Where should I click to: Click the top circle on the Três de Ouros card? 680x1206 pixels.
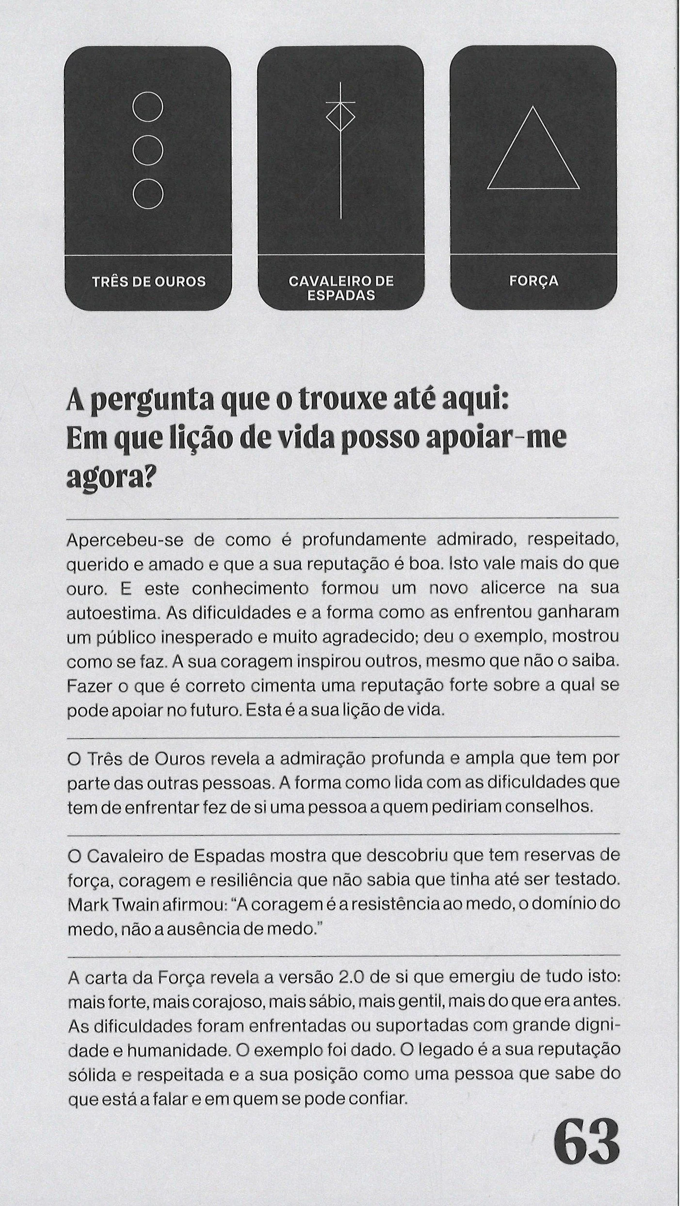coord(147,107)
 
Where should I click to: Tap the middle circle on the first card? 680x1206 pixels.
coord(147,150)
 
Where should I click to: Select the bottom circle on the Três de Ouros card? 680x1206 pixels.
coord(147,193)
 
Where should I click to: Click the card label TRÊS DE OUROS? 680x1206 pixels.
coord(149,282)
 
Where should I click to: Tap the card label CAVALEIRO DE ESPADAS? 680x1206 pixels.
coord(341,288)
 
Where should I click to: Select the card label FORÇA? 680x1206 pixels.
coord(534,281)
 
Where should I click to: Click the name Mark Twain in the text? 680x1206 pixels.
coord(109,904)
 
